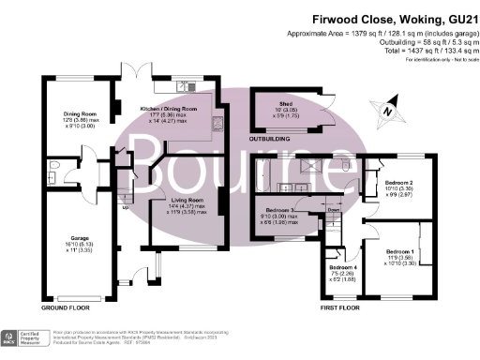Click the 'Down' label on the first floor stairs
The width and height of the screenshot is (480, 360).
332,210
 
